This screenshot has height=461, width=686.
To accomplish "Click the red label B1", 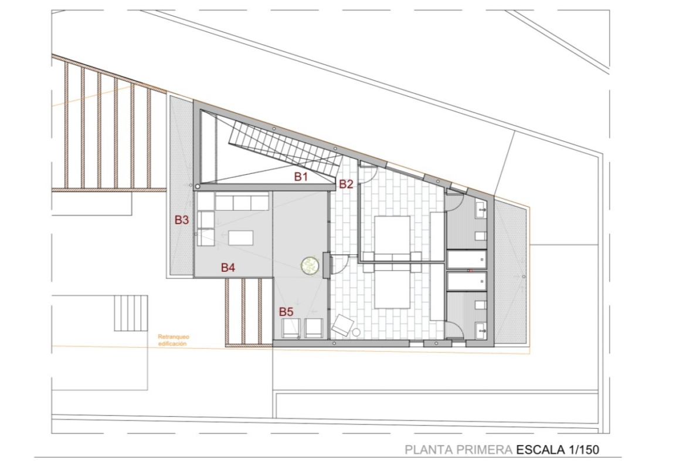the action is click(301, 177).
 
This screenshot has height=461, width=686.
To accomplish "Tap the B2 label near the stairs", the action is click(346, 184).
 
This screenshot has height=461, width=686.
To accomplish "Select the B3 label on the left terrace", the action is click(182, 220).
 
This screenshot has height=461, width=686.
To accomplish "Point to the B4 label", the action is click(228, 267).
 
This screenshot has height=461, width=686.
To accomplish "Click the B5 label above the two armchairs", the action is click(286, 312).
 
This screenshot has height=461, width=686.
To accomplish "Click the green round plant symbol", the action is click(310, 265).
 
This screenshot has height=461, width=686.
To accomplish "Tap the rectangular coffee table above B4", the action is click(240, 238).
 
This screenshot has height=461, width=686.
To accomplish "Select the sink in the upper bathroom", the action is click(481, 210).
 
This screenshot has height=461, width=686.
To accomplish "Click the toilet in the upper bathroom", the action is click(481, 236).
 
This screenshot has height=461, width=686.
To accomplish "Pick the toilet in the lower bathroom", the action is click(481, 305).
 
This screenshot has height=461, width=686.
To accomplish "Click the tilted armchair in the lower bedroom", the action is click(342, 325).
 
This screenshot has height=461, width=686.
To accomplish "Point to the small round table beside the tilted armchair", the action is click(356, 332).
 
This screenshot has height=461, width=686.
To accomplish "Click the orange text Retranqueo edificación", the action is click(173, 341).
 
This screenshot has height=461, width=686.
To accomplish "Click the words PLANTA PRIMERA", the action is click(459, 449).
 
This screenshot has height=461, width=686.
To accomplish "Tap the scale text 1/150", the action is click(584, 449).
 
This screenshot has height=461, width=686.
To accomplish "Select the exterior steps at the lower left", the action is click(131, 313).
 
